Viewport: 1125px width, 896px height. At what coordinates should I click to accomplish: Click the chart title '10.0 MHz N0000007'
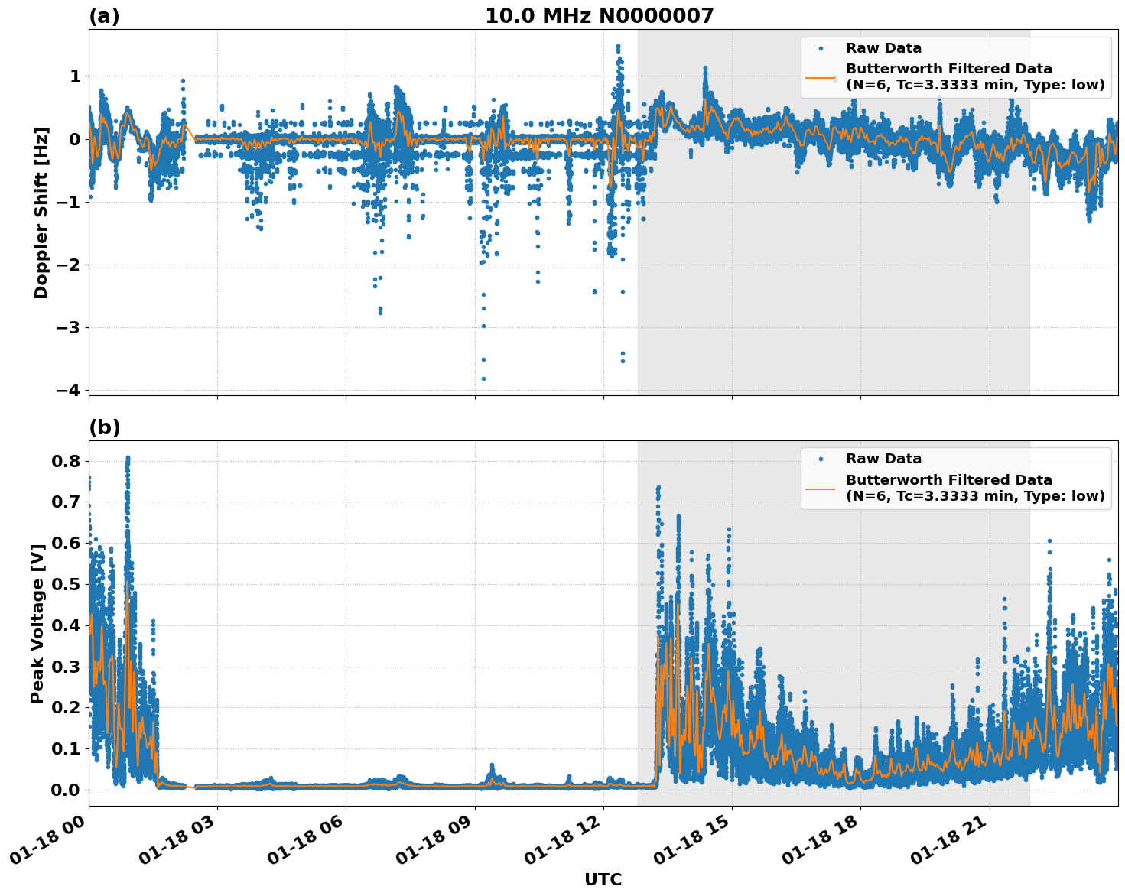pos(599,16)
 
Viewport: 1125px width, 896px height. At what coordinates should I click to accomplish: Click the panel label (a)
pos(104,16)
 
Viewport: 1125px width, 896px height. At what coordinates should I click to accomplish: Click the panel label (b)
pos(104,427)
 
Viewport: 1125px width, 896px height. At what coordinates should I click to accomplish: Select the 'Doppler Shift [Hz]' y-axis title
pos(41,213)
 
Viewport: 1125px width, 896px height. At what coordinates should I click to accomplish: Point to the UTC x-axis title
pos(603,879)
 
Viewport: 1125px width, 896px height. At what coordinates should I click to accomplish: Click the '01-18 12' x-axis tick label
pos(561,843)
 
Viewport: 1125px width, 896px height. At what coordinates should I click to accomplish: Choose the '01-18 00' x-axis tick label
pos(47,843)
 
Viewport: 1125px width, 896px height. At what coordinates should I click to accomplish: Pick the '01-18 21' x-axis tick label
pos(948,843)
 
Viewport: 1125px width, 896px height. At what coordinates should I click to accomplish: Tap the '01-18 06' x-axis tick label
pos(304,843)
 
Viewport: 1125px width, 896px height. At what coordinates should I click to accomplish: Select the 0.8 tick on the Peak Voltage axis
pos(67,461)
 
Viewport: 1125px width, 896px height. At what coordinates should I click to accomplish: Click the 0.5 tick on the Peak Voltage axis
pos(67,584)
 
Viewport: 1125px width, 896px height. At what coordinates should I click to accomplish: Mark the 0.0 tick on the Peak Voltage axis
pos(67,790)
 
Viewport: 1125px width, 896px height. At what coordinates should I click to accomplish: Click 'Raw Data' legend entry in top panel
pos(883,49)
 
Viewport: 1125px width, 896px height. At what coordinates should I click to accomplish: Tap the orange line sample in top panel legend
pos(821,77)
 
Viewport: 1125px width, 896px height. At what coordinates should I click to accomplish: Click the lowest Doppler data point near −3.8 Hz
pos(483,378)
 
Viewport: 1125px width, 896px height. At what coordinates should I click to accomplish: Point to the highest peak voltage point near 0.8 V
pos(128,458)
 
